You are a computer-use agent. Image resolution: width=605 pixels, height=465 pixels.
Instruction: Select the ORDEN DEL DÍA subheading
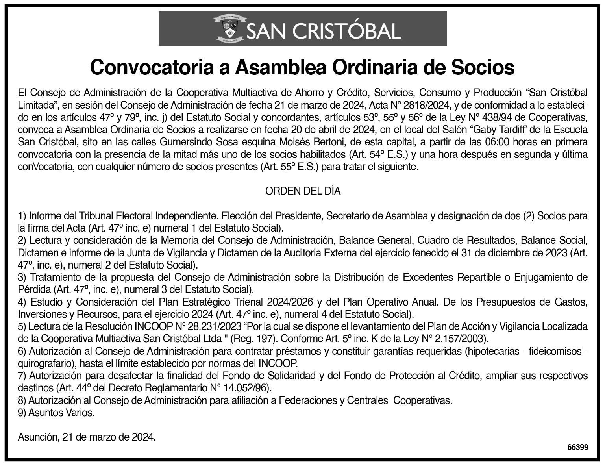[x=303, y=191]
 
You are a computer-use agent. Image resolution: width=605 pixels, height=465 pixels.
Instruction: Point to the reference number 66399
[x=578, y=447]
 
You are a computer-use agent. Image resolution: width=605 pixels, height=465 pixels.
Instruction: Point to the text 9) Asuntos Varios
[x=56, y=413]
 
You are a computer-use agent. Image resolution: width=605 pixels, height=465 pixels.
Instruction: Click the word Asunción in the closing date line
[x=38, y=437]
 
